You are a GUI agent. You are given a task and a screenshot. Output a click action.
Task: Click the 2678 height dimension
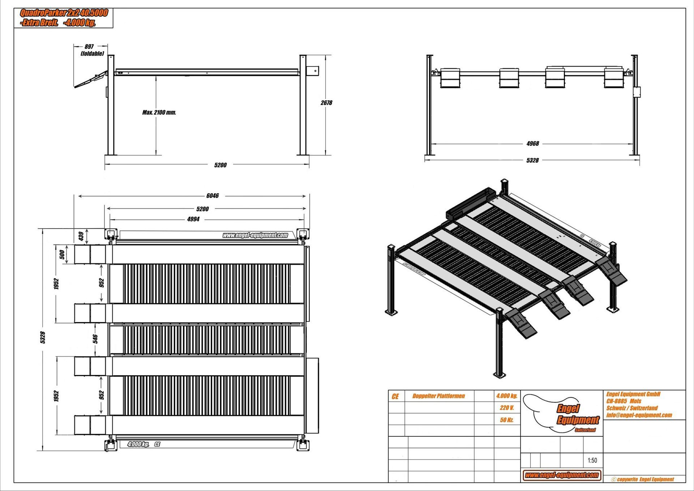(326, 103)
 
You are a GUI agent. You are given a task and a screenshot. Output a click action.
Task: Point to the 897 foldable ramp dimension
(89, 47)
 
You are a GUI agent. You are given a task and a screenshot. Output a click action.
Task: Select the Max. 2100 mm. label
(159, 112)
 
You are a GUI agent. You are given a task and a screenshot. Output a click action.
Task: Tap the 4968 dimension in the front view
(532, 144)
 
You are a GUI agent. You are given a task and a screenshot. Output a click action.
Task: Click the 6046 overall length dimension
(213, 196)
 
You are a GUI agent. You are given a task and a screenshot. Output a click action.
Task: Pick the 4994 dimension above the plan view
(193, 219)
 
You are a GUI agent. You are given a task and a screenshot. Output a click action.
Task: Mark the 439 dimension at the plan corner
(81, 236)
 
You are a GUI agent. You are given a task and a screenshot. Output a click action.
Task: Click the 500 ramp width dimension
(62, 254)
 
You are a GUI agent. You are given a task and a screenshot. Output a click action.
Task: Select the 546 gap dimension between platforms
(95, 339)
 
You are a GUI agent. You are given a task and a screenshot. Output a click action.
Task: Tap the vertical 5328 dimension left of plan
(43, 337)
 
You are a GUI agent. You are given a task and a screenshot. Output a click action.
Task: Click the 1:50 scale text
(592, 460)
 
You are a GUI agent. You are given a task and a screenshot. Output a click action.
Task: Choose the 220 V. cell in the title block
(507, 408)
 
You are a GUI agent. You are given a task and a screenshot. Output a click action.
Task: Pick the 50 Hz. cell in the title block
(507, 420)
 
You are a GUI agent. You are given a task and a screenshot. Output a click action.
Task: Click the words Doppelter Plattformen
(438, 396)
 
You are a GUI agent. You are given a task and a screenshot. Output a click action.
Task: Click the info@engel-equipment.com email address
(639, 415)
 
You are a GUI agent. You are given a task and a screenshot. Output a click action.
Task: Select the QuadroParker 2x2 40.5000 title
(64, 13)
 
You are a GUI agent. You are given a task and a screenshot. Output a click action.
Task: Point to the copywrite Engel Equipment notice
(643, 479)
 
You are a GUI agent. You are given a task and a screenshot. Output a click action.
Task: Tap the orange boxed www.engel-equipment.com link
(562, 475)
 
